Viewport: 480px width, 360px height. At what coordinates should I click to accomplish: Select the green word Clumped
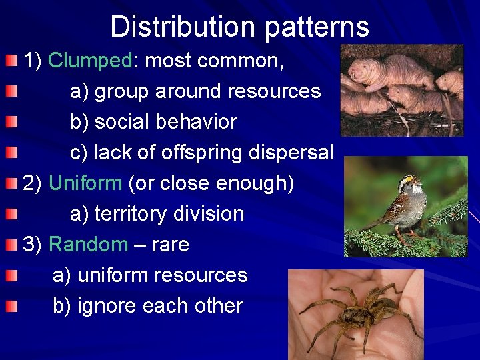pyautogui.click(x=91, y=61)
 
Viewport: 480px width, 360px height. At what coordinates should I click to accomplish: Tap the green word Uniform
pyautogui.click(x=85, y=183)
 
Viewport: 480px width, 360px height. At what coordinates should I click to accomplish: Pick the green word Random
pyautogui.click(x=88, y=244)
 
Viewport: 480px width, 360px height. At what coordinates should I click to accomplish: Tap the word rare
pyautogui.click(x=171, y=244)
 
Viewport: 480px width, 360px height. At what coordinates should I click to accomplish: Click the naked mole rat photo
pyautogui.click(x=401, y=90)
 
